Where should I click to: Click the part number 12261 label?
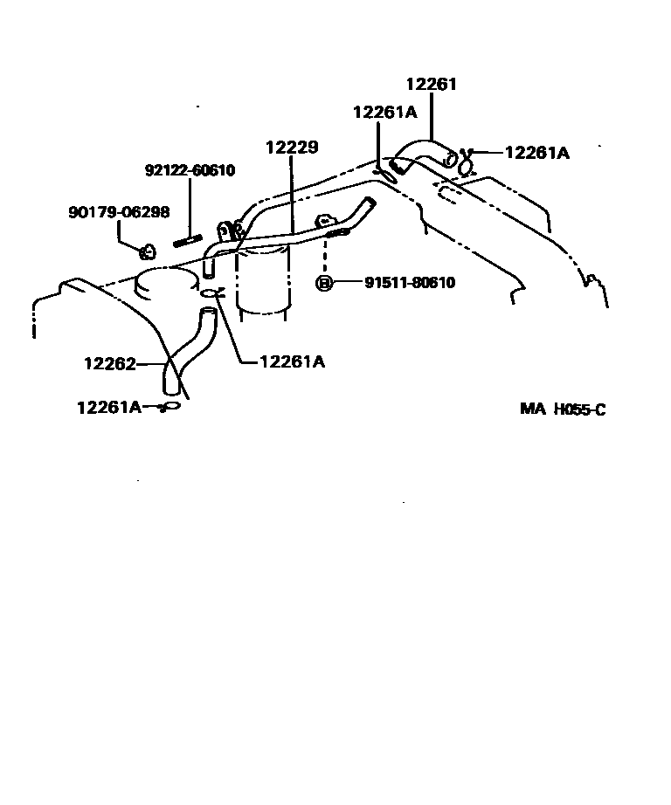(x=432, y=85)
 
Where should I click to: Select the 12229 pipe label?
(x=292, y=148)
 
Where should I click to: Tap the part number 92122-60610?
(x=190, y=170)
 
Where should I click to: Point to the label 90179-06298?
(x=119, y=212)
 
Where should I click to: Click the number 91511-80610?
(x=409, y=283)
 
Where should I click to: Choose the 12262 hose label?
(x=110, y=364)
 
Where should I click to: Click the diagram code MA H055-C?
(x=563, y=409)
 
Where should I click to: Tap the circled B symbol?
(x=323, y=283)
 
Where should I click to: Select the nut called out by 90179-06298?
(x=147, y=253)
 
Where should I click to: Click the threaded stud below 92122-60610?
(x=188, y=240)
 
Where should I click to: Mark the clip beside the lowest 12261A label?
(x=170, y=406)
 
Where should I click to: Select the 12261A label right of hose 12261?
(x=536, y=153)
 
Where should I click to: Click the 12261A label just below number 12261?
(x=384, y=112)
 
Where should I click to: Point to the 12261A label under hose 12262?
(x=108, y=406)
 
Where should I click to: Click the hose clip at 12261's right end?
(x=466, y=162)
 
